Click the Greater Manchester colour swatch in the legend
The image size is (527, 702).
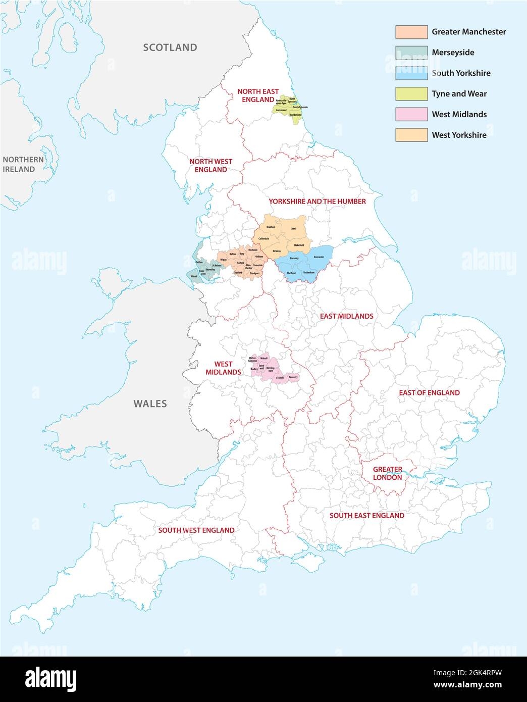pos(411,32)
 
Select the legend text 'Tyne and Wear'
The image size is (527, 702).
pos(459,93)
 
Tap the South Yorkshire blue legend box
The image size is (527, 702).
pos(411,73)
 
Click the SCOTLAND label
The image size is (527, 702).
pos(170,48)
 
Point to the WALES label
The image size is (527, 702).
pos(150,404)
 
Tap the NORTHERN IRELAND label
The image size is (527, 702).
pos(23,164)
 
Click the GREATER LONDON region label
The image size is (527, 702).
pos(387,473)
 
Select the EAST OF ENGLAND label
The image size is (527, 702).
pos(429,392)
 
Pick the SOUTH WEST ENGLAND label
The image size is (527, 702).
pos(196,530)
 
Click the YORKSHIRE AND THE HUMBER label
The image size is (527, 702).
pos(317,201)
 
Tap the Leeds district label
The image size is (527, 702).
pos(293,229)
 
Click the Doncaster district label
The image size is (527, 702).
pos(319,257)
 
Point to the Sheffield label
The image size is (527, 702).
pos(291,273)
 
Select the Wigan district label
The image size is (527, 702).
pos(224,260)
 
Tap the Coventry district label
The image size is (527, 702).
pos(293,377)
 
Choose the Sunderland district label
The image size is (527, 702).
pos(295,115)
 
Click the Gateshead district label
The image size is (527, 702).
pos(281,110)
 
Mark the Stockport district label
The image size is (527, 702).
pos(254,274)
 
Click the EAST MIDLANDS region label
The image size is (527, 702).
pos(346,316)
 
